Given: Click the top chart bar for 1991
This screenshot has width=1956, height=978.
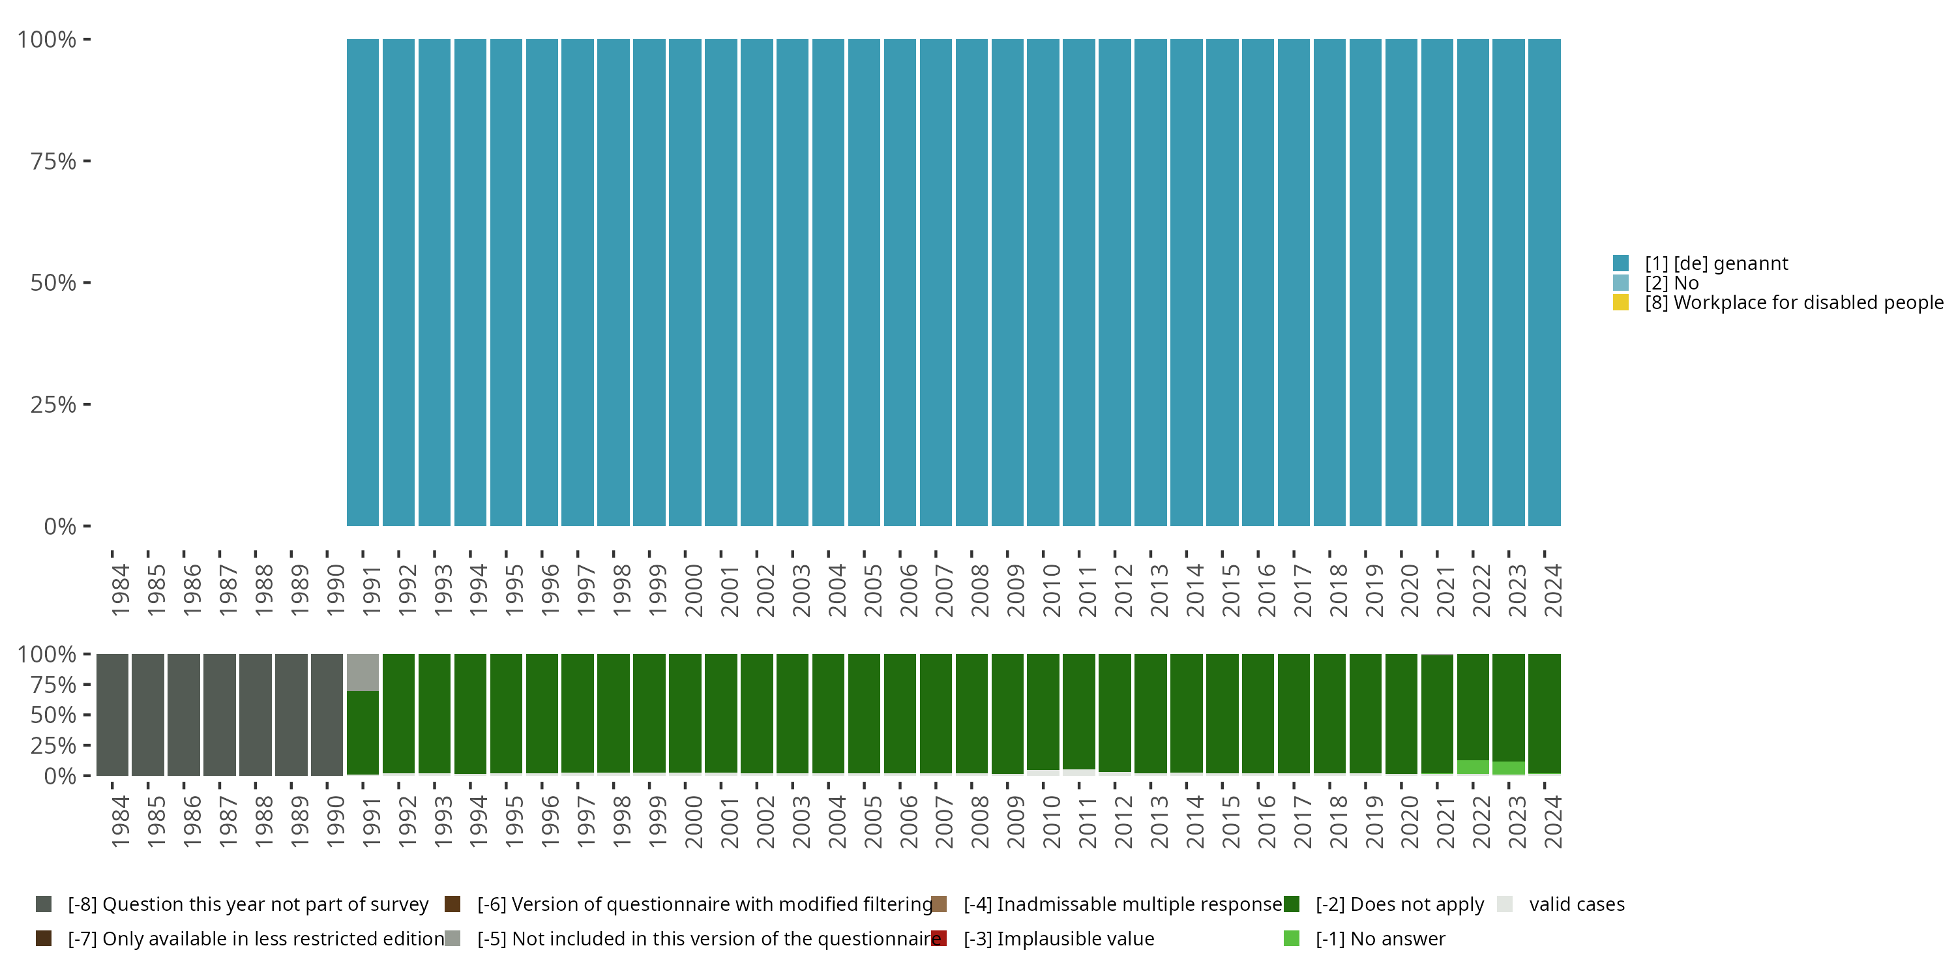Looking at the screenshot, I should pos(363,282).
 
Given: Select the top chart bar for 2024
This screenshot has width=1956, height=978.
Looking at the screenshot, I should pos(1544,282).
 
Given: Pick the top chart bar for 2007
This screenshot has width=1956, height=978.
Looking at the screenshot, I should pos(936,282).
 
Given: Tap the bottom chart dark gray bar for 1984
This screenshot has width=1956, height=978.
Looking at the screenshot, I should pos(112,714).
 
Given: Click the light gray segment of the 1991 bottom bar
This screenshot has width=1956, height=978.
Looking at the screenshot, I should pos(363,672).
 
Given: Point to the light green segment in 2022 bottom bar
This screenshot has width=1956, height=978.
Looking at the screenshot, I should pos(1472,767).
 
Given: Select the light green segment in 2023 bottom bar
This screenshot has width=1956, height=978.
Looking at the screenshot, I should pos(1508,767).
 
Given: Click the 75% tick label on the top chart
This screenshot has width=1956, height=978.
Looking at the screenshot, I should pos(53,161).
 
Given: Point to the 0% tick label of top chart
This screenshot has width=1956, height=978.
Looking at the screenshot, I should pos(60,526).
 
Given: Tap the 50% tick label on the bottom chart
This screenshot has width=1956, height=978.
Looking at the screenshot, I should pos(53,715).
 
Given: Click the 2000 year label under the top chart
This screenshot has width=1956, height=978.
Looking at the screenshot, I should pos(693,590).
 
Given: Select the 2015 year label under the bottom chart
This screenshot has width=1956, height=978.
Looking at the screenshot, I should pos(1230,822).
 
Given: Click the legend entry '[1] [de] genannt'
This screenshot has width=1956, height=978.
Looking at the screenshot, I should pos(1716,263).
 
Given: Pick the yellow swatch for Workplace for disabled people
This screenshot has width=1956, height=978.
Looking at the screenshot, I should pos(1620,303).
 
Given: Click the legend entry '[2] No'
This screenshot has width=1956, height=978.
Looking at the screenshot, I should pos(1671,283).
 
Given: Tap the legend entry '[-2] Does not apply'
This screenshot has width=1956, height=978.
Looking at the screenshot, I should pos(1399,904).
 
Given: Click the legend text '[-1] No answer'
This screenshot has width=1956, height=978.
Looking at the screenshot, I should pos(1380,938).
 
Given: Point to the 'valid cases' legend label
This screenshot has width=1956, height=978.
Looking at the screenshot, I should pos(1577,904).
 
